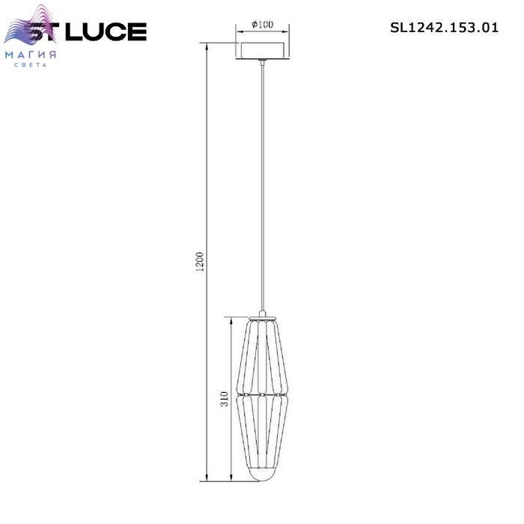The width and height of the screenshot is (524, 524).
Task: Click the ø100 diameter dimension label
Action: [x=262, y=25]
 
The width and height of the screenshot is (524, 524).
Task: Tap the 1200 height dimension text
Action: [x=200, y=263]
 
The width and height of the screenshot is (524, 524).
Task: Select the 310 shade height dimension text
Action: [x=225, y=399]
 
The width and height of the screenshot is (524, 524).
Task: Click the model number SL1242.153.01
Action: [x=444, y=28]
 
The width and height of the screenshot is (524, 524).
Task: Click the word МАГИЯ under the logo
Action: [x=31, y=55]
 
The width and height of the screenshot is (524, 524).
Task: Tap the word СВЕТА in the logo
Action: [x=31, y=65]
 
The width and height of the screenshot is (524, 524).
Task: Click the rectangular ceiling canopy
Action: [x=262, y=51]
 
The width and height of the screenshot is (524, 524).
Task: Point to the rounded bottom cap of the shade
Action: [x=262, y=475]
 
